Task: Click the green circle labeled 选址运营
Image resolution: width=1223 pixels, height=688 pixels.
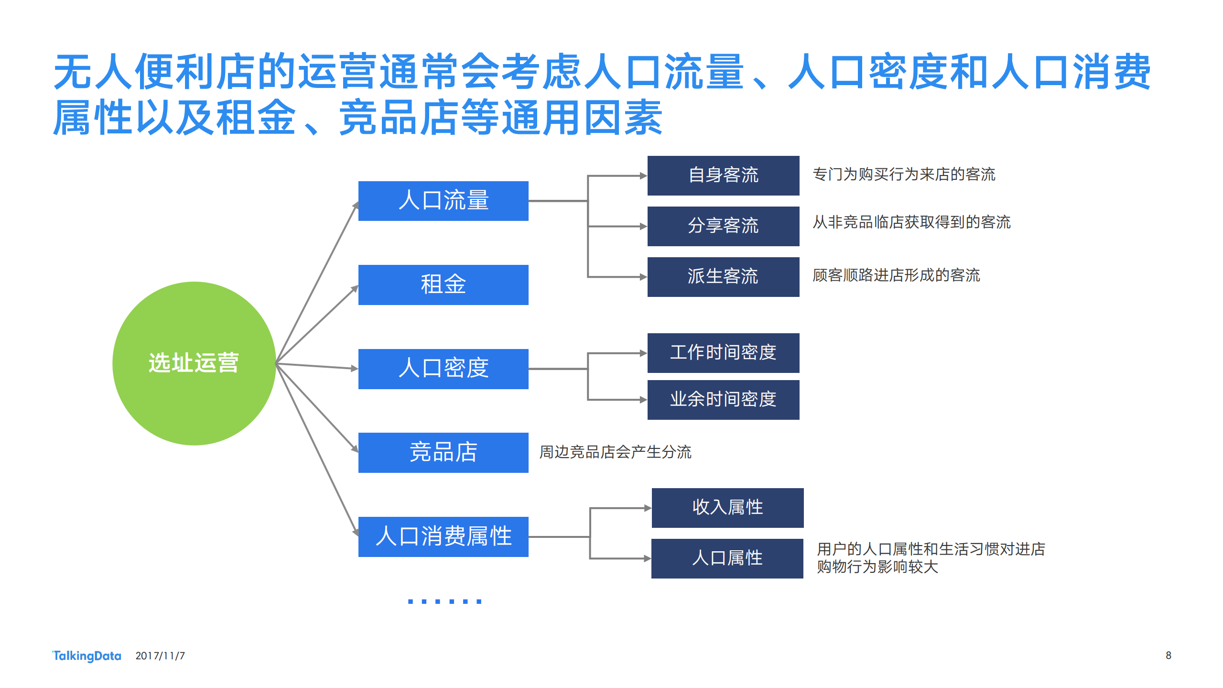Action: pyautogui.click(x=194, y=363)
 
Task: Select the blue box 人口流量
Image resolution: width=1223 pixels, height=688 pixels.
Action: pyautogui.click(x=443, y=201)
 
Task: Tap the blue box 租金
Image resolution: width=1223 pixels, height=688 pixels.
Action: pyautogui.click(x=443, y=284)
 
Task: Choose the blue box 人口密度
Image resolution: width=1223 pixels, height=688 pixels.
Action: pyautogui.click(x=443, y=369)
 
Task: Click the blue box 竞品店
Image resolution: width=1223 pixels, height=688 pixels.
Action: pyautogui.click(x=443, y=452)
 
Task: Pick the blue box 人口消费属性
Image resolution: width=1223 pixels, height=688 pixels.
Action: pyautogui.click(x=443, y=536)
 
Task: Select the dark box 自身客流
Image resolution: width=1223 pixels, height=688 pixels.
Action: pyautogui.click(x=723, y=175)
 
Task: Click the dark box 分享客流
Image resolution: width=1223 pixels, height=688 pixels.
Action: pyautogui.click(x=723, y=226)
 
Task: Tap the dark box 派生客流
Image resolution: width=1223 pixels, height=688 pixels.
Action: pyautogui.click(x=723, y=277)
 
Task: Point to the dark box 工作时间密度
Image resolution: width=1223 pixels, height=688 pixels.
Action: pyautogui.click(x=723, y=353)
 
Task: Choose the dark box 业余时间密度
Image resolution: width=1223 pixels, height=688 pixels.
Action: pyautogui.click(x=723, y=400)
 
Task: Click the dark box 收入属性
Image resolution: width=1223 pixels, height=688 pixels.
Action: pyautogui.click(x=727, y=508)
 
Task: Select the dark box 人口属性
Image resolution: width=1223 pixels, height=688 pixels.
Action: pyautogui.click(x=727, y=558)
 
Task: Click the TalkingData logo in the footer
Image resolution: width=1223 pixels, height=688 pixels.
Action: pyautogui.click(x=87, y=655)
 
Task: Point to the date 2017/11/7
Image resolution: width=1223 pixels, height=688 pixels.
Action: pyautogui.click(x=160, y=655)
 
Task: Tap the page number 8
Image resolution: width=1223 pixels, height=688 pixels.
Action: pyautogui.click(x=1168, y=655)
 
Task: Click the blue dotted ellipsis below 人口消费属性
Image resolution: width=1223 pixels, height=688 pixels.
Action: pyautogui.click(x=444, y=601)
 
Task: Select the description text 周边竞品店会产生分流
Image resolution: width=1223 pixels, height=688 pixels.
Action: pyautogui.click(x=615, y=452)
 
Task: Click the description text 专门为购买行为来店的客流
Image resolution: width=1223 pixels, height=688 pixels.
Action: pyautogui.click(x=904, y=175)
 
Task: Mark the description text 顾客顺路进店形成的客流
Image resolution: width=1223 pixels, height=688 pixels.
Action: pyautogui.click(x=896, y=275)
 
